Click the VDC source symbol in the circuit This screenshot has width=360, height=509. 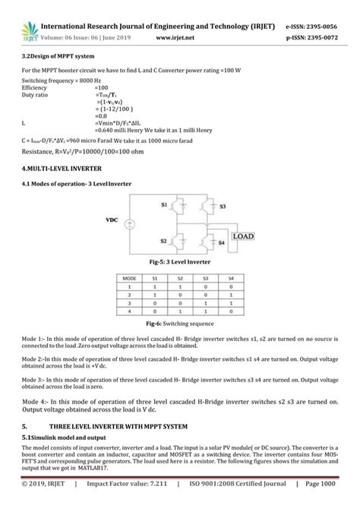click(x=130, y=224)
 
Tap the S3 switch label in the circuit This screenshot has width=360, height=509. click(x=223, y=206)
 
